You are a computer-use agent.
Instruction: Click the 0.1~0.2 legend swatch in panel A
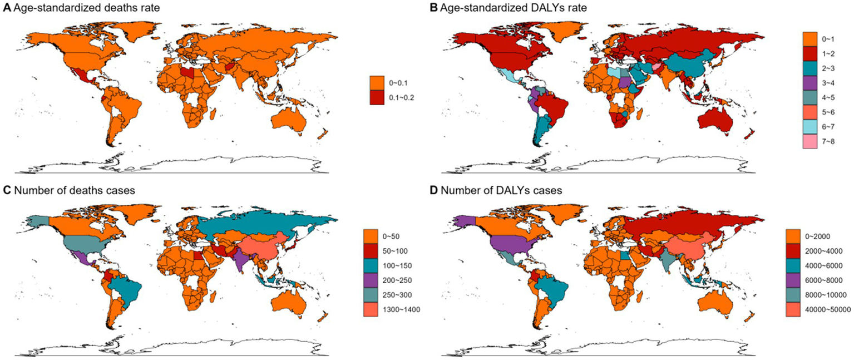click(x=377, y=97)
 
